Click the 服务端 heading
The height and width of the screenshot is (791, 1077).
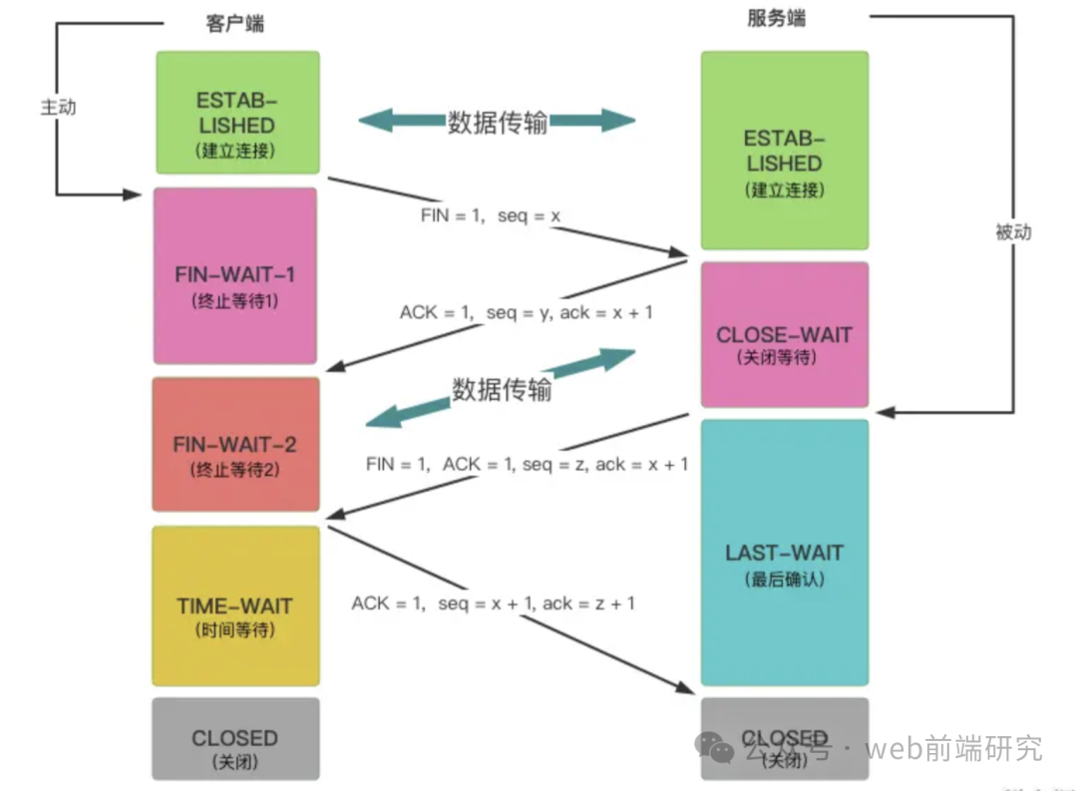pyautogui.click(x=776, y=19)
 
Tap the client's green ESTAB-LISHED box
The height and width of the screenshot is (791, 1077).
pyautogui.click(x=237, y=113)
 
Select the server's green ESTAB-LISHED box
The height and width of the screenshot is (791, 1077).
pyautogui.click(x=784, y=151)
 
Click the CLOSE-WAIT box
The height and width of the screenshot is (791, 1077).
pyautogui.click(x=784, y=335)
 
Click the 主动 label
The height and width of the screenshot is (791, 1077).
pyautogui.click(x=58, y=107)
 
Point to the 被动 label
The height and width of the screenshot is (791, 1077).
pyautogui.click(x=1013, y=232)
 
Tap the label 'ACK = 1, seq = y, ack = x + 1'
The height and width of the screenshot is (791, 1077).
pyautogui.click(x=527, y=312)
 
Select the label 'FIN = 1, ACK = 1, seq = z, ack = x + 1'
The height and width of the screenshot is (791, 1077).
pyautogui.click(x=527, y=464)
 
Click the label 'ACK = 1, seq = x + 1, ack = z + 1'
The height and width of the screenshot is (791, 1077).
pyautogui.click(x=493, y=602)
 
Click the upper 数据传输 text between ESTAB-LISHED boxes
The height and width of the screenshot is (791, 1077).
pyautogui.click(x=497, y=123)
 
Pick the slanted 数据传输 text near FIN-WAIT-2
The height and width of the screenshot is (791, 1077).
pyautogui.click(x=502, y=389)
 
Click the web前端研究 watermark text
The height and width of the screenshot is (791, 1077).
pyautogui.click(x=952, y=747)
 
